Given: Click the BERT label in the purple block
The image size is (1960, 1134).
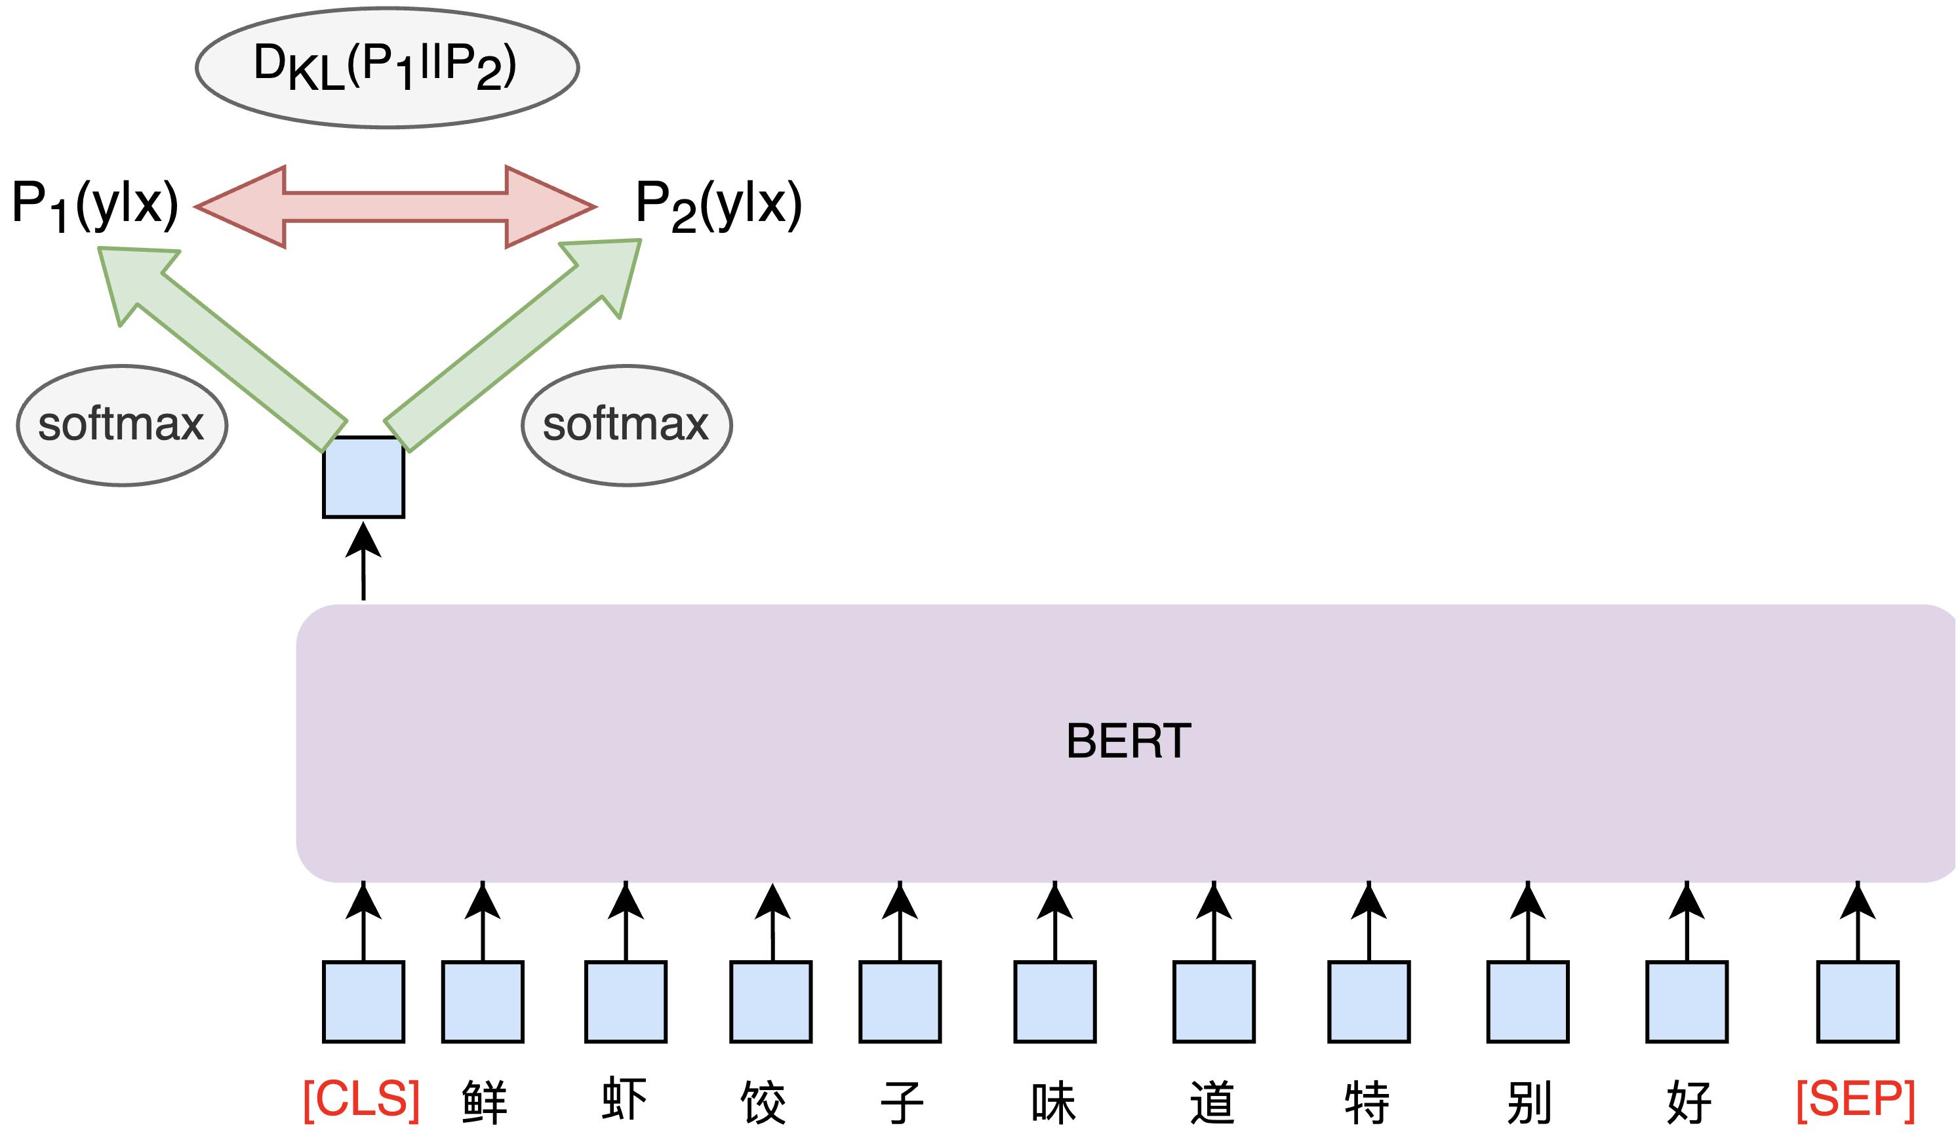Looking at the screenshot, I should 1128,740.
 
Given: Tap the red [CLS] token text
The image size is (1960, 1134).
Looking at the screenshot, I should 362,1100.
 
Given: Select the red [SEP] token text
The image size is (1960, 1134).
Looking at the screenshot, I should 1856,1100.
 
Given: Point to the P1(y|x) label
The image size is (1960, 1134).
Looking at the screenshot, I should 95,204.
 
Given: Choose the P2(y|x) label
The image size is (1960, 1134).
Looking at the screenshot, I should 718,204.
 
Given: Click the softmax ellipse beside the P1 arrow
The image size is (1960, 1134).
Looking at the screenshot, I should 122,426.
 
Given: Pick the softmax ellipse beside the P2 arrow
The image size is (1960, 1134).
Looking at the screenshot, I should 626,426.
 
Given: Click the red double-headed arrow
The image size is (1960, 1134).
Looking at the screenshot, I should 395,207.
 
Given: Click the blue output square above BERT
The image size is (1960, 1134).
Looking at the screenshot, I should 363,477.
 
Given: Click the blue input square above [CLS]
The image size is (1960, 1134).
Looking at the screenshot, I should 363,1002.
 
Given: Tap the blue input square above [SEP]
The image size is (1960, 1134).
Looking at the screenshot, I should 1857,1002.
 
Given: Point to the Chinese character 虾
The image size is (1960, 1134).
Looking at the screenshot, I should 624,1100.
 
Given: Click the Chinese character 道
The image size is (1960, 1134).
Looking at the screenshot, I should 1212,1101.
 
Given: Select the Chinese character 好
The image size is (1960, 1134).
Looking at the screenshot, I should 1688,1101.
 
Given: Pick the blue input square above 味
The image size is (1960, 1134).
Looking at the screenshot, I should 1054,1002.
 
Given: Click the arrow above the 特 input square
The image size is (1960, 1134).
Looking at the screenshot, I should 1369,921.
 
